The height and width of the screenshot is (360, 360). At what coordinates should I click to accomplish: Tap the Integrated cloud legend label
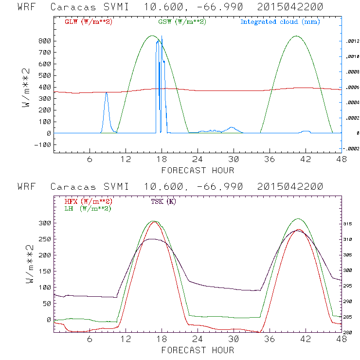coord(280,22)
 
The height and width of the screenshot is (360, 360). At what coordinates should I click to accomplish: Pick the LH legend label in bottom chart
coord(87,208)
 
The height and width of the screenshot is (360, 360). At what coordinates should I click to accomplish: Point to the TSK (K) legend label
coord(164,202)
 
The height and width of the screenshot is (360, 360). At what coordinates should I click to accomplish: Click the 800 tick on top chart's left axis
coord(45,41)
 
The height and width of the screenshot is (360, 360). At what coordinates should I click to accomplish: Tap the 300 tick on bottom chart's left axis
coord(45,223)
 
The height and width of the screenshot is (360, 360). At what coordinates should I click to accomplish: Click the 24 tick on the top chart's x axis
coord(198,160)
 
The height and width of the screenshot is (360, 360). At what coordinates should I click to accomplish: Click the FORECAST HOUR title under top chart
coord(198,170)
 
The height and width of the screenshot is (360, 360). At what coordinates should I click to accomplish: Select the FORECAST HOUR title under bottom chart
coord(198,350)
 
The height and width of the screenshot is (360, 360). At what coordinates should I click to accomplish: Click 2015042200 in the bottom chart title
coord(290,187)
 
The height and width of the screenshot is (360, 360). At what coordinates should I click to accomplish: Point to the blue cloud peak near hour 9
coord(107,93)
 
